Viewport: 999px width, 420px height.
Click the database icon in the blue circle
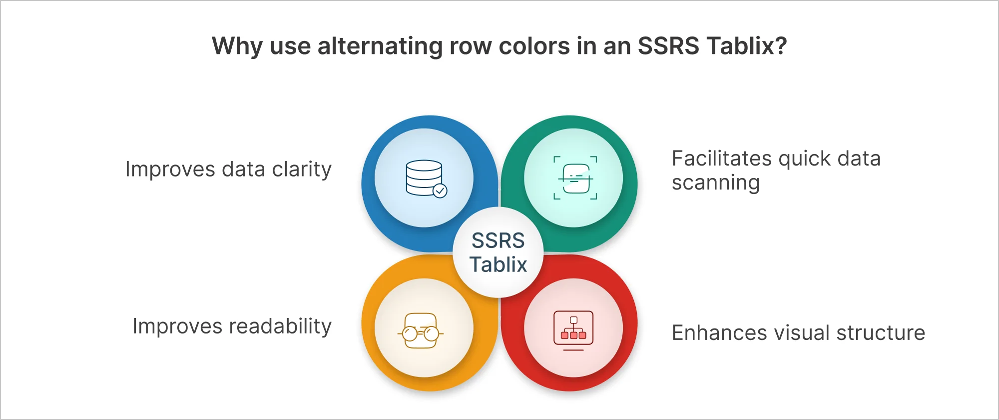point(425,178)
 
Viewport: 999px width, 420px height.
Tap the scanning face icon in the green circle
point(575,178)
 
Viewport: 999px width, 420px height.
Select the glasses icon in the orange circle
point(421,330)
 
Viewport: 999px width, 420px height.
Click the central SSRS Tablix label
point(498,252)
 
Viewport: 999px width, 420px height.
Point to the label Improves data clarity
point(228,169)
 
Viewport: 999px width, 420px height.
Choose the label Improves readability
point(232,326)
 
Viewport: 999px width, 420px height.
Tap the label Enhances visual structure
point(798,333)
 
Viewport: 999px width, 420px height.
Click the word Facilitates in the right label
point(722,159)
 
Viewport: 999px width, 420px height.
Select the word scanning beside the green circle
point(715,183)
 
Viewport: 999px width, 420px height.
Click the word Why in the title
point(237,46)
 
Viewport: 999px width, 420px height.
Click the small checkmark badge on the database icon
point(440,190)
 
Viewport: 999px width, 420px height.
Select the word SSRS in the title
point(668,46)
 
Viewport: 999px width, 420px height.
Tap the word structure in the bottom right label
point(881,333)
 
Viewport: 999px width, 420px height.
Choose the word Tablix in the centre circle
point(498,264)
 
